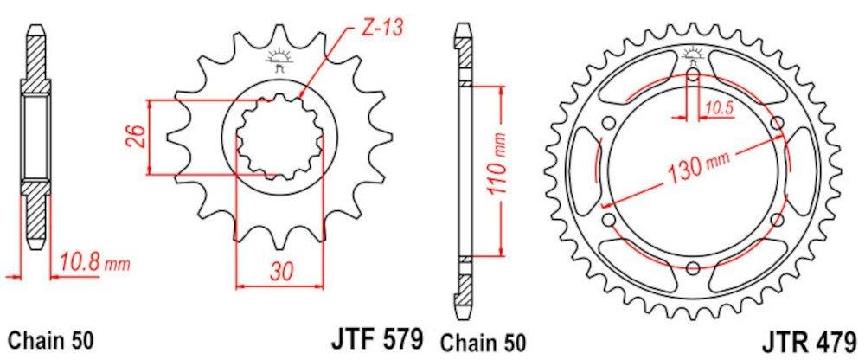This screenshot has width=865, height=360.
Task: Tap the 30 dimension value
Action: (279, 271)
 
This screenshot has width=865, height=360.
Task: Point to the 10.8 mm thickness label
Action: (93, 260)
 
